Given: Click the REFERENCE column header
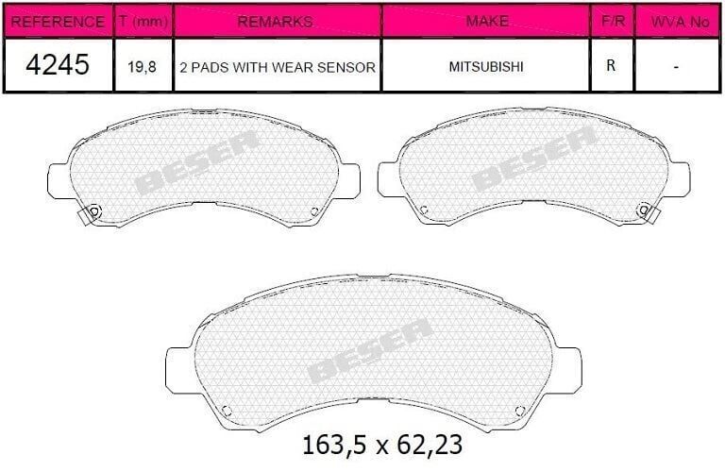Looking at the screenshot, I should point(59,21).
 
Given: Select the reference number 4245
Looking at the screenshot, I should point(59,66).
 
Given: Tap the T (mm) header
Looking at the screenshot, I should point(143,21).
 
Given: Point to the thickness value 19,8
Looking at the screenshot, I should point(143,67).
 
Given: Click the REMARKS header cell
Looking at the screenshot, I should point(277,21).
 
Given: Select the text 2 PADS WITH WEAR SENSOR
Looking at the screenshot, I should point(277,67).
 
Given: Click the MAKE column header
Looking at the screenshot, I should point(486,21).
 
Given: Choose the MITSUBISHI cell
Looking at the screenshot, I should point(486,67).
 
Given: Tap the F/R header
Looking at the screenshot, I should point(612,21).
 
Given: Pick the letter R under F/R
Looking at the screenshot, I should point(612,67).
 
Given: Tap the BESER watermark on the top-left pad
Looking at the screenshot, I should point(197,161).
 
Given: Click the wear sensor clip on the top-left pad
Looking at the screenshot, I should point(91,214).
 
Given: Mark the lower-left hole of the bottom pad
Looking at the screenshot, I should point(226,409).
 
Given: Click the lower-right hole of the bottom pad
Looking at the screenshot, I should point(519,409).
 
